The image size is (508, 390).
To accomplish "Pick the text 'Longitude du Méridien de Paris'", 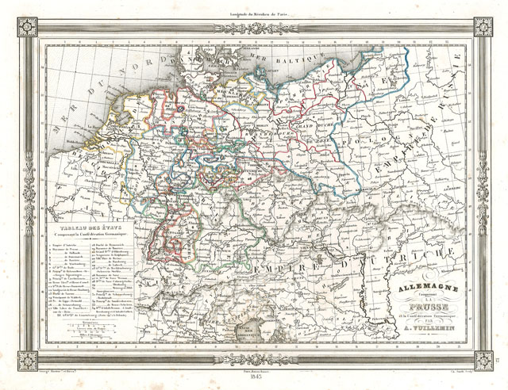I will click(253, 7).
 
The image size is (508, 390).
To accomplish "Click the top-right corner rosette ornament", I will click(483, 26).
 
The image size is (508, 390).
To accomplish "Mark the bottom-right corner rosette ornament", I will click(483, 361).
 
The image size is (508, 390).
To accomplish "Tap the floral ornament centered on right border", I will click(483, 193).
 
